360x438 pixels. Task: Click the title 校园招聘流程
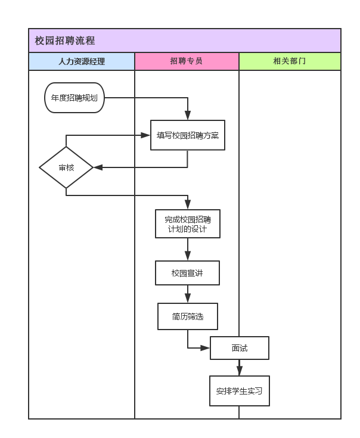[64, 41]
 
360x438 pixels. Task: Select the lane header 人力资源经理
[82, 61]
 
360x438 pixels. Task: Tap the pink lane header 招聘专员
[187, 61]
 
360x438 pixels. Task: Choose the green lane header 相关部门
[290, 61]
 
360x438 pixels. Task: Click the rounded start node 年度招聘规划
[75, 98]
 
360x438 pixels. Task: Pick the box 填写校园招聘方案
[188, 135]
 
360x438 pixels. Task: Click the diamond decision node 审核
[66, 167]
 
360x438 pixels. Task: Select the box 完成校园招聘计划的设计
[188, 223]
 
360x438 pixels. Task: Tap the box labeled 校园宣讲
[188, 273]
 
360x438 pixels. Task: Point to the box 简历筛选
[188, 316]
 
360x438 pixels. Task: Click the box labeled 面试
[240, 348]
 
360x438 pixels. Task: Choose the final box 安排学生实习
[240, 392]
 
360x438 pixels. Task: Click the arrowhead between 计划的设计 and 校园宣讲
[188, 256]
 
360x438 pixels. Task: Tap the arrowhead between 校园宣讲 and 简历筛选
[188, 299]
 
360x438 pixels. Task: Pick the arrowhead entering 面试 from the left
[206, 348]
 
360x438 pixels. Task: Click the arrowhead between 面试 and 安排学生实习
[240, 371]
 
